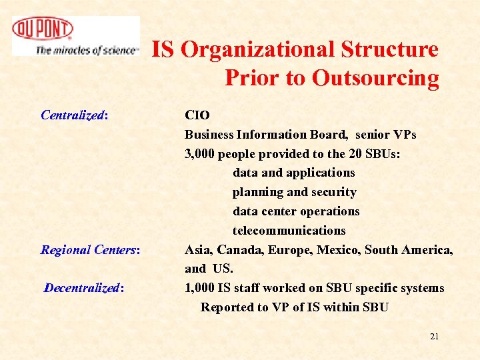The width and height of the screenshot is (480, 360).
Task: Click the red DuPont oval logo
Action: click(x=42, y=29)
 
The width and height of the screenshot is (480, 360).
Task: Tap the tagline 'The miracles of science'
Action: click(x=87, y=49)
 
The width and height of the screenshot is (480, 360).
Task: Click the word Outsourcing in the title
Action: click(x=376, y=78)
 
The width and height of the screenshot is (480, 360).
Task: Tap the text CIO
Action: click(x=197, y=115)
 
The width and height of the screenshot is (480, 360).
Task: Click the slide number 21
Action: click(x=434, y=337)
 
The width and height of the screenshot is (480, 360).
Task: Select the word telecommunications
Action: click(x=289, y=231)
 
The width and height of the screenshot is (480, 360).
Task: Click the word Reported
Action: click(x=227, y=307)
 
